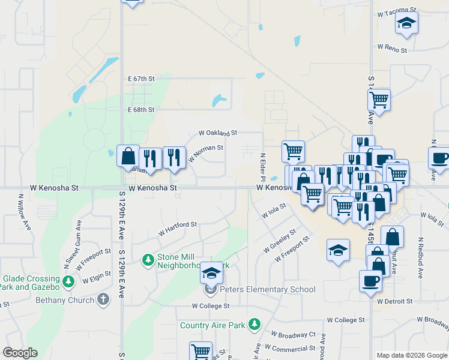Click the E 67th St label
141,79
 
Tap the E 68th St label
141,110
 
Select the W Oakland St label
218,133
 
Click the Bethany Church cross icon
103,299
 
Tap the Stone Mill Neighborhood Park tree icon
148,260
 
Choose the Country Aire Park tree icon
255,325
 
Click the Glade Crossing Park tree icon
68,280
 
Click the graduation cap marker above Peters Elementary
211,273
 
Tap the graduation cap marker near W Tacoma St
406,23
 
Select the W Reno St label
393,46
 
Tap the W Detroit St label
395,301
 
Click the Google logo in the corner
20,353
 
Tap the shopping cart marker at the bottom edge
200,351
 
